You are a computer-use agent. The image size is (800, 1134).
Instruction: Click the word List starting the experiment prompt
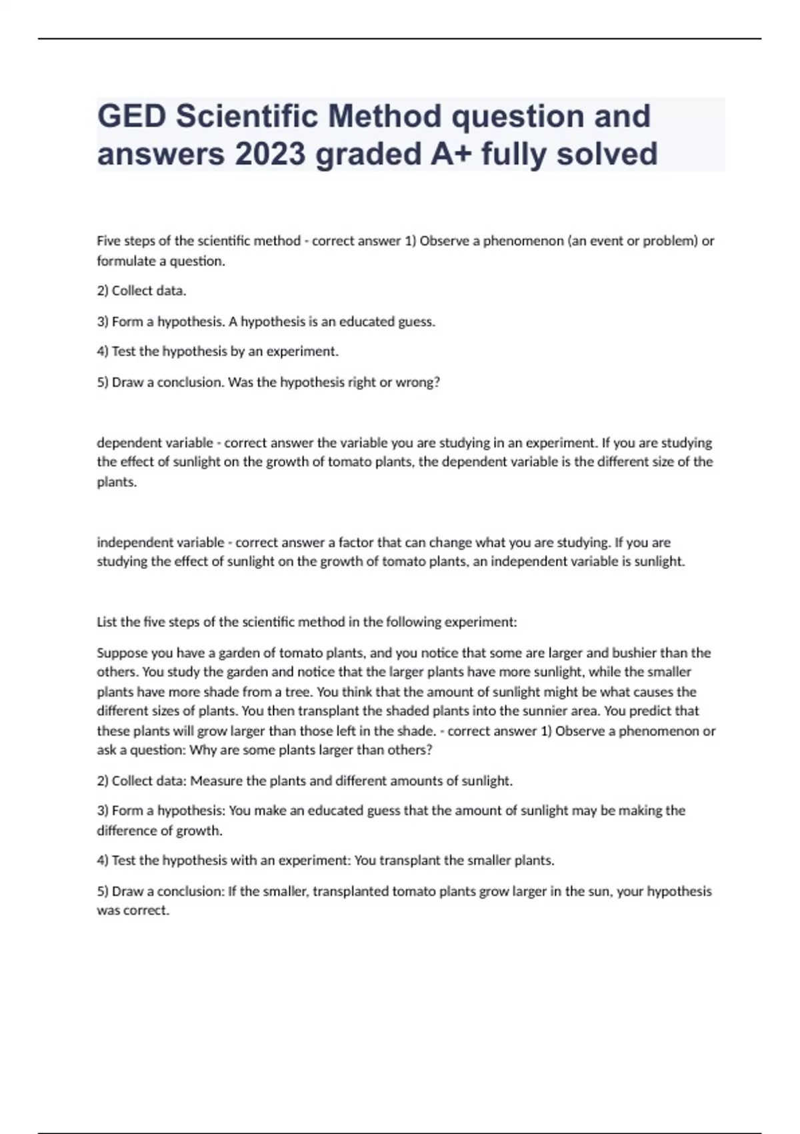(107, 622)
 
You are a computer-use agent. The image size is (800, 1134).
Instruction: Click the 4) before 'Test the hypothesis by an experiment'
(103, 352)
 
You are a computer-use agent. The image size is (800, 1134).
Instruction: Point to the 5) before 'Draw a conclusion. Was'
(103, 383)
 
